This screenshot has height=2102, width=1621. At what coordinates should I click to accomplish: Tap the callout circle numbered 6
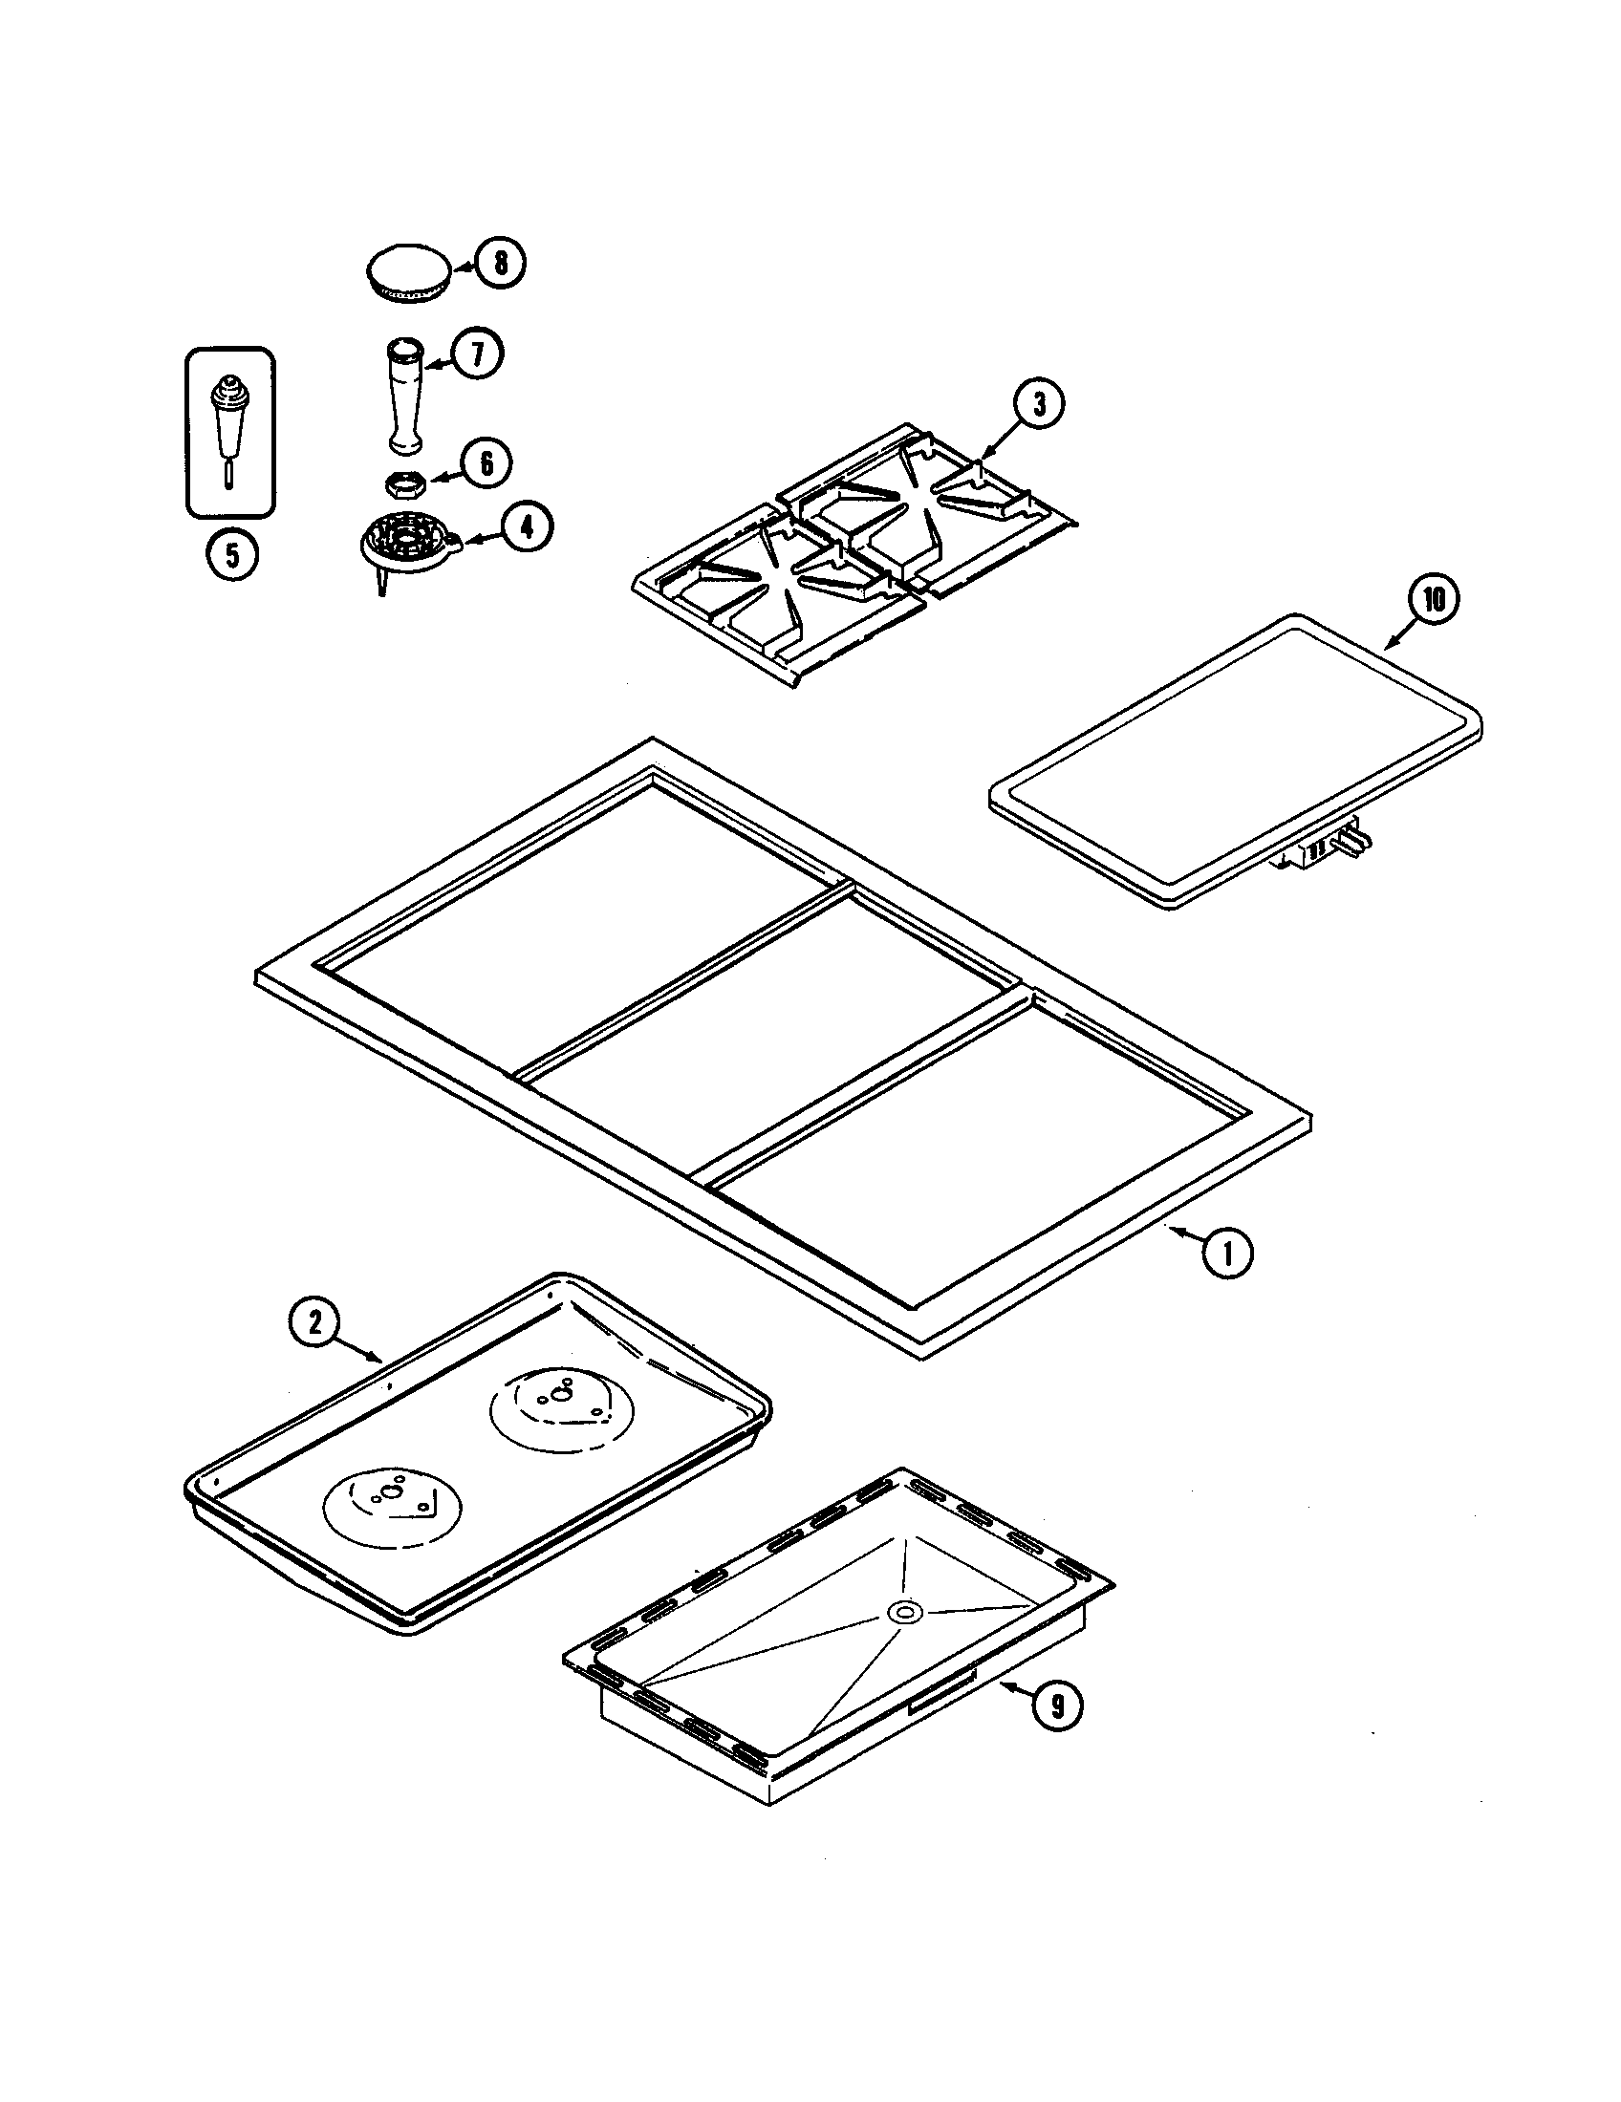(486, 464)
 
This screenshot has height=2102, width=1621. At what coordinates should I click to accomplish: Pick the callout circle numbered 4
(527, 528)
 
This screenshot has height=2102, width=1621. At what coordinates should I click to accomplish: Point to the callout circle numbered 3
(1038, 405)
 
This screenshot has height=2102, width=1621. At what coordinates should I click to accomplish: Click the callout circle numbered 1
(1226, 1254)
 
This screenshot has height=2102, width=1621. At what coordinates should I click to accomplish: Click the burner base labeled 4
(405, 544)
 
